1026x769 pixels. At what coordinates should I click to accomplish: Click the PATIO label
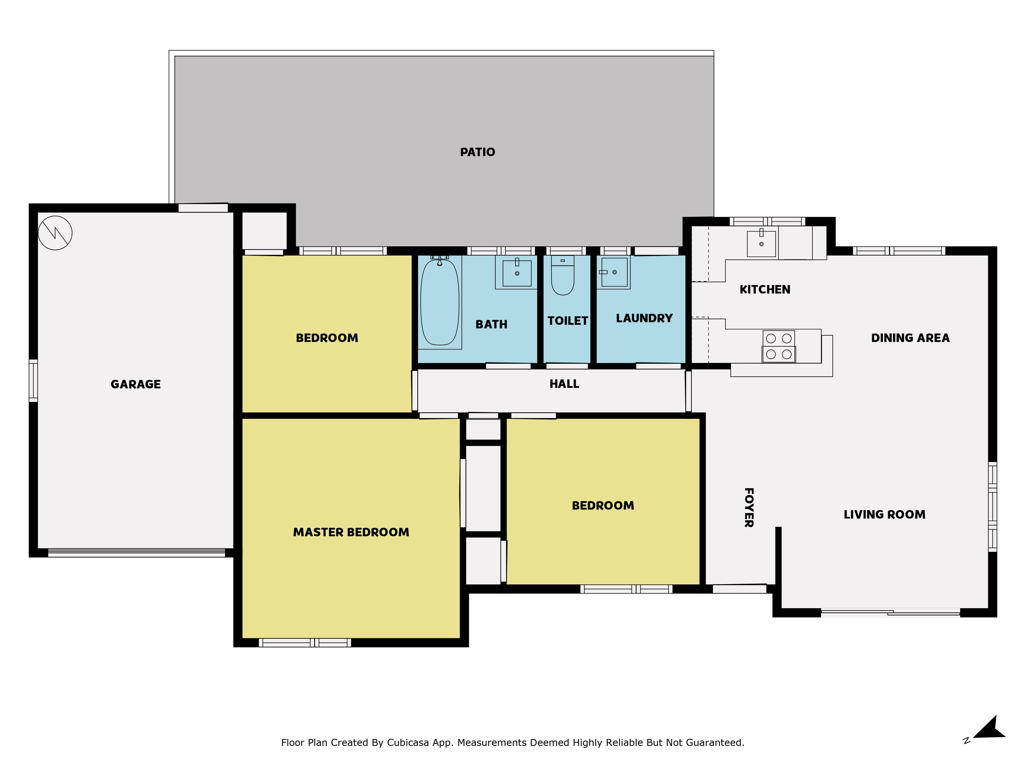coord(477,152)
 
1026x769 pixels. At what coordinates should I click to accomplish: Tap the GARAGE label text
coord(135,384)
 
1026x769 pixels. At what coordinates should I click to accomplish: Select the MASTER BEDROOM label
coord(351,532)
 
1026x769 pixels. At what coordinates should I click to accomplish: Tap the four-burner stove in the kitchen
coord(779,346)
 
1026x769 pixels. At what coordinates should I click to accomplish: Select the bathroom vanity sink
coord(517,273)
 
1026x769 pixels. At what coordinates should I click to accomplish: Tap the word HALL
coord(564,384)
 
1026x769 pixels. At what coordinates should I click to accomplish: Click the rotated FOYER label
coord(749,508)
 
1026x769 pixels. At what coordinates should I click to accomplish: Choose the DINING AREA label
coord(910,338)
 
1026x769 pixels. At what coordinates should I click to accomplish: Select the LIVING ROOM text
coord(884,514)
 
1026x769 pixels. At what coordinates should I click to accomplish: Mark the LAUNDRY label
coord(644,318)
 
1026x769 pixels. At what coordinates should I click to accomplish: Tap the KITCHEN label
coord(765,289)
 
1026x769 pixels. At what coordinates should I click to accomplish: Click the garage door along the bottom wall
coord(136,553)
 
